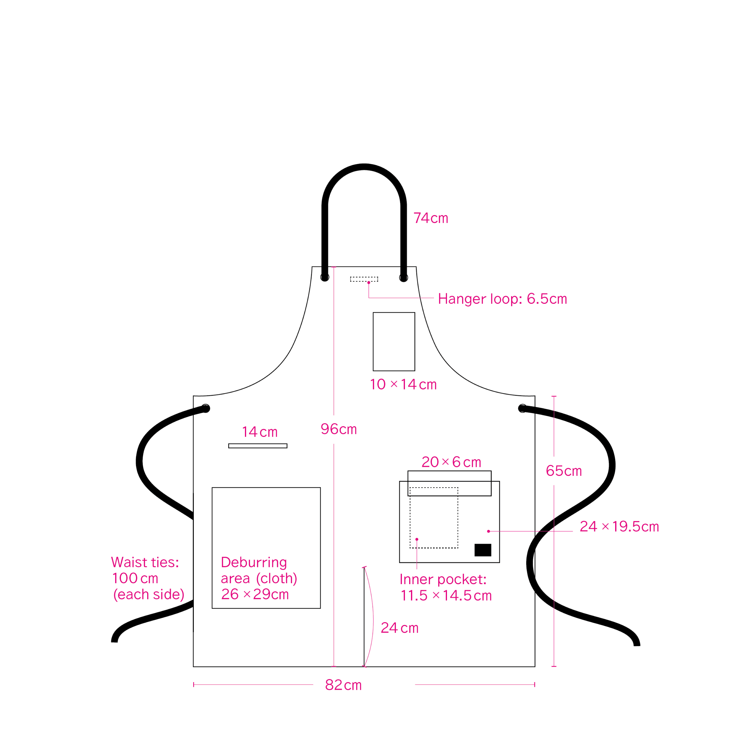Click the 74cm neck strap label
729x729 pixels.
pos(431,218)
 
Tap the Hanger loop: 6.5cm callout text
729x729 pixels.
pos(502,299)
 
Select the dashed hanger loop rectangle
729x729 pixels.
pos(364,279)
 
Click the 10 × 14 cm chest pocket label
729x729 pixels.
pos(403,384)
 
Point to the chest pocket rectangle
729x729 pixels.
pos(394,342)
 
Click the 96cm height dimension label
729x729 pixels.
pos(338,429)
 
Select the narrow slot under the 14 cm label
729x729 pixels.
pos(258,446)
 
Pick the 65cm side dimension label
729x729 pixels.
pos(564,471)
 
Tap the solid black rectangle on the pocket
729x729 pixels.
pos(483,550)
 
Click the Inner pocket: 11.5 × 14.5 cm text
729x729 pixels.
pos(446,587)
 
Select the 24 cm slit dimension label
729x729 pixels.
pos(400,628)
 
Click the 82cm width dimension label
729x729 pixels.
pos(343,685)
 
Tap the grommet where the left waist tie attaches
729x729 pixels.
pos(206,408)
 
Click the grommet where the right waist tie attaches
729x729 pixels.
pos(523,408)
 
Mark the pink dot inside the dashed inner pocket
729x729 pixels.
pos(417,539)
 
